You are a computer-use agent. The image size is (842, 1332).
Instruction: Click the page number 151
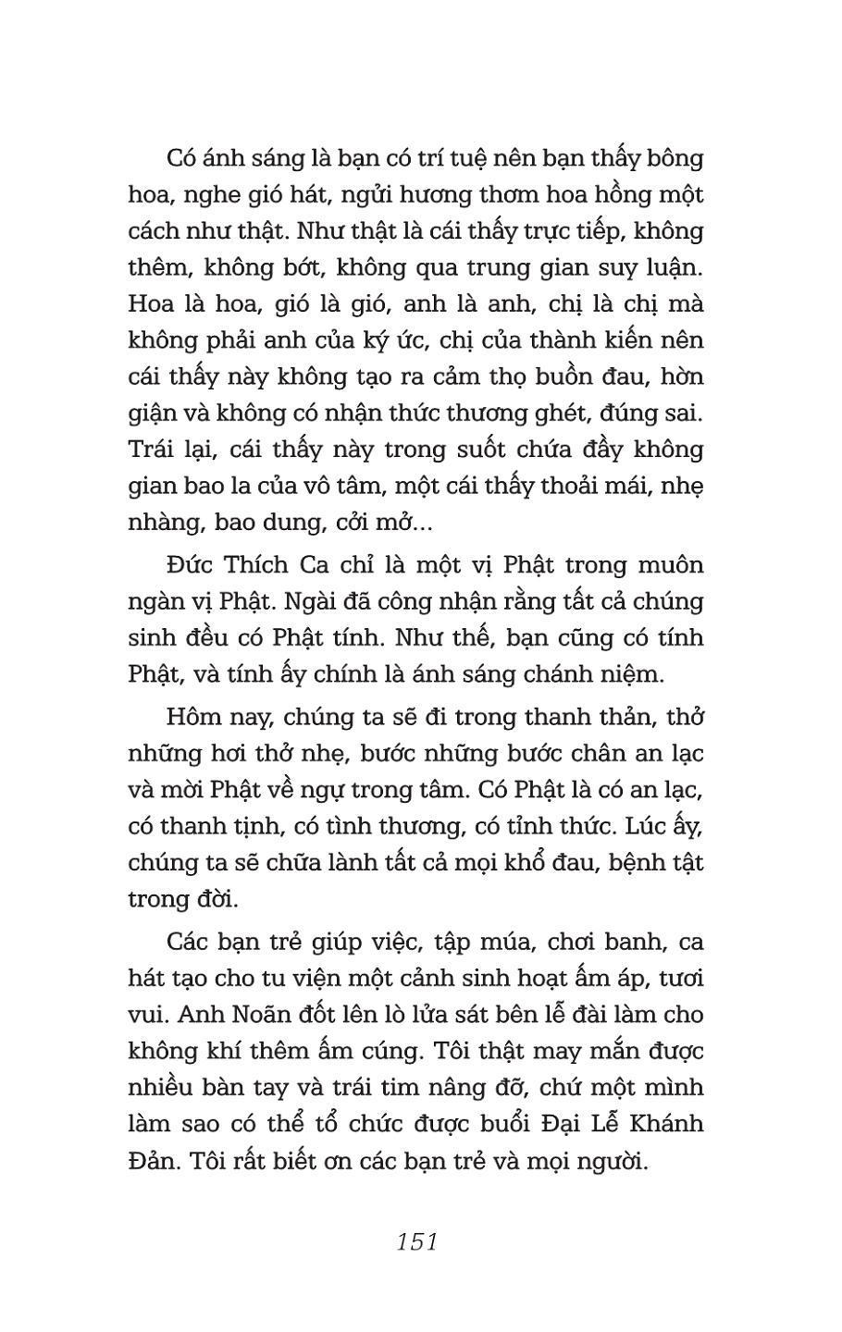[x=416, y=1241]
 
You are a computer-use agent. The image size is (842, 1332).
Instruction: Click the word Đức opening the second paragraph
[x=191, y=565]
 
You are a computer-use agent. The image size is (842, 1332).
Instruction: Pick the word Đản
[x=150, y=1161]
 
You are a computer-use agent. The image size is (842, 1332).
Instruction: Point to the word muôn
[x=668, y=565]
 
